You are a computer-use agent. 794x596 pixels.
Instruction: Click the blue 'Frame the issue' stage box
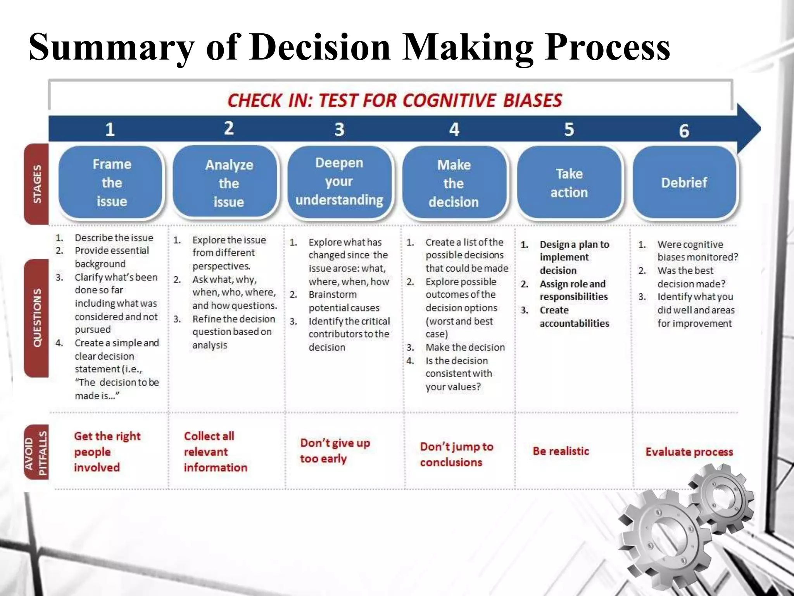coord(111,182)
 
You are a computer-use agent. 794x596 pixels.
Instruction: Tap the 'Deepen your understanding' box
coord(339,182)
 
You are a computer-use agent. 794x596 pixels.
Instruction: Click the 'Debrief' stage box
coord(684,182)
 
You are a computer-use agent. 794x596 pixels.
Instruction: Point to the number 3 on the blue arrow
coord(339,129)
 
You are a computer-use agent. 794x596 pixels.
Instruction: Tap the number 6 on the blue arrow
coord(684,131)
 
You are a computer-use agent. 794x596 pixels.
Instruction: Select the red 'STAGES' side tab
coord(37,184)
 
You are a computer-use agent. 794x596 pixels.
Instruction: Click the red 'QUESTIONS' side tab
coord(37,318)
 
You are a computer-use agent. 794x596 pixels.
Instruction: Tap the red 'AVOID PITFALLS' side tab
coord(37,452)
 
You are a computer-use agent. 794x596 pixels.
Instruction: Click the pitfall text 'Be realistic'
coord(561,451)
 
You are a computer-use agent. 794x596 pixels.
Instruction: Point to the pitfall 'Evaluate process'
coord(689,452)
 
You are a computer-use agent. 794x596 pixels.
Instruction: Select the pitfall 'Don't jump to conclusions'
coord(456,454)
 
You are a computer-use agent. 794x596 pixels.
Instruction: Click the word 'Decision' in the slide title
coord(320,47)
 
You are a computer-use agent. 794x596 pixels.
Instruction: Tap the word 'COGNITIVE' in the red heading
coord(449,100)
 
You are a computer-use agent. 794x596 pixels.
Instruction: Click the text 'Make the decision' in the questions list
coord(465,347)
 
